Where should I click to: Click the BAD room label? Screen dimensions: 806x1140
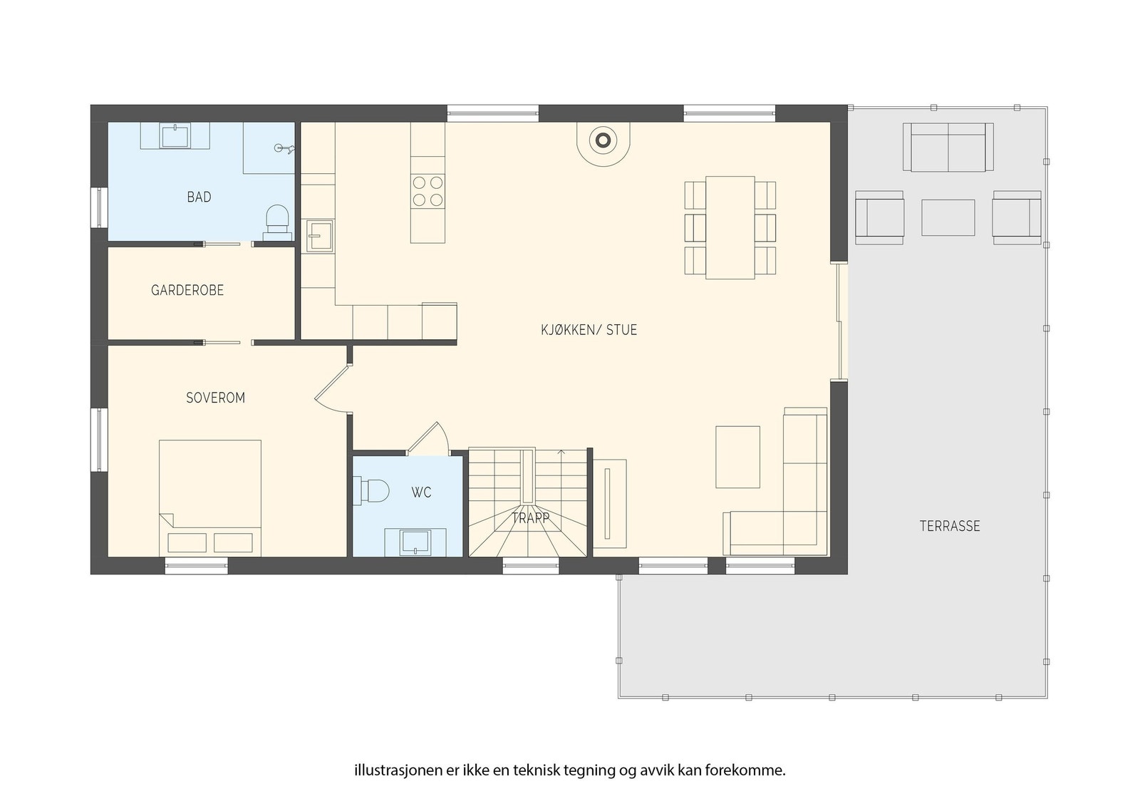point(199,197)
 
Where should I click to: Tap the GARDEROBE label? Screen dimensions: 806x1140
point(187,290)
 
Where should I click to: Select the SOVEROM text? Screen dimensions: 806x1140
point(215,398)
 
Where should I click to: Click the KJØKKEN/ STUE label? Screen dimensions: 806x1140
point(589,330)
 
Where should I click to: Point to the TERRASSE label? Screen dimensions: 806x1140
point(950,526)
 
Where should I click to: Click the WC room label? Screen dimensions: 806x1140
point(421,492)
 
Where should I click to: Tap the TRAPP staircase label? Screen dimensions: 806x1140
point(530,518)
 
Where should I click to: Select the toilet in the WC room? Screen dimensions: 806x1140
point(373,491)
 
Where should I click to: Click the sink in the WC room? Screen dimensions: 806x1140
point(415,542)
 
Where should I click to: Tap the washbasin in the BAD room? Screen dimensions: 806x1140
point(175,136)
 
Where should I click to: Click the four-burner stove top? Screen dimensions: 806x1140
point(427,190)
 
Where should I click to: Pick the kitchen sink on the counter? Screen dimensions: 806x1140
point(320,236)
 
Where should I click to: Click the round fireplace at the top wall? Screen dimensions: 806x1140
point(603,141)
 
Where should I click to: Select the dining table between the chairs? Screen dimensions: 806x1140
point(730,227)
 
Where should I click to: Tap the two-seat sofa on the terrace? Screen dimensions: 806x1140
point(948,147)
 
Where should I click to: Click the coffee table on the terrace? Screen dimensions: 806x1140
point(948,217)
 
